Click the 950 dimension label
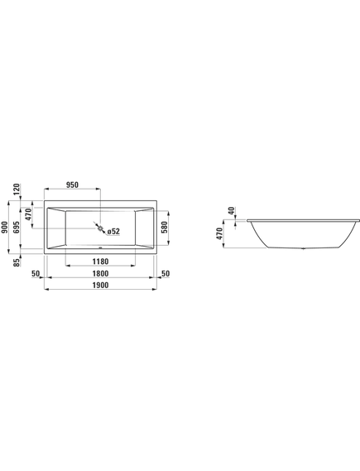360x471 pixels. coord(72,185)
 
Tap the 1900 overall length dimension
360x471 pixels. coord(100,285)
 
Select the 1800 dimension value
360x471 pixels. coord(100,274)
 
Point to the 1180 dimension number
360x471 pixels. coord(100,262)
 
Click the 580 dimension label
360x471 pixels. coord(164,228)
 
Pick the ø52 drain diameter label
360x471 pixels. coord(113,231)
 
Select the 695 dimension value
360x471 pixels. coord(17,228)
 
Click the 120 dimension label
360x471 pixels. coord(17,190)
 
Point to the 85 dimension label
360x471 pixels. coord(17,262)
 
